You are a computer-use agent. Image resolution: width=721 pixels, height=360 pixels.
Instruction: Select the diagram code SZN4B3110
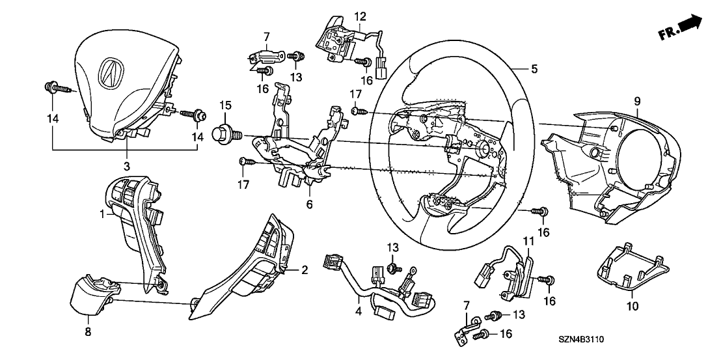pyautogui.click(x=586, y=340)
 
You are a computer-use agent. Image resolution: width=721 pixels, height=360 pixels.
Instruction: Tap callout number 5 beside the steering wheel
pyautogui.click(x=534, y=68)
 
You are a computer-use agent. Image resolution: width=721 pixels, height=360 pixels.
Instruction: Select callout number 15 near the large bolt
pyautogui.click(x=225, y=105)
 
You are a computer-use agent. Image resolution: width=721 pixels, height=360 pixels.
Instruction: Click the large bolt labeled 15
pyautogui.click(x=226, y=134)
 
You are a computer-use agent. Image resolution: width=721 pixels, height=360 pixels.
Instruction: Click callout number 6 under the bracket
pyautogui.click(x=310, y=204)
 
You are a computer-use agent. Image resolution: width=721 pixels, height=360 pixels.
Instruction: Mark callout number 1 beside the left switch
pyautogui.click(x=102, y=213)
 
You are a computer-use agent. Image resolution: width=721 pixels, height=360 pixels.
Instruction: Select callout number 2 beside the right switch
pyautogui.click(x=303, y=269)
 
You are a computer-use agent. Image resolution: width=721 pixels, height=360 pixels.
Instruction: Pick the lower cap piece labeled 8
pyautogui.click(x=91, y=298)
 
